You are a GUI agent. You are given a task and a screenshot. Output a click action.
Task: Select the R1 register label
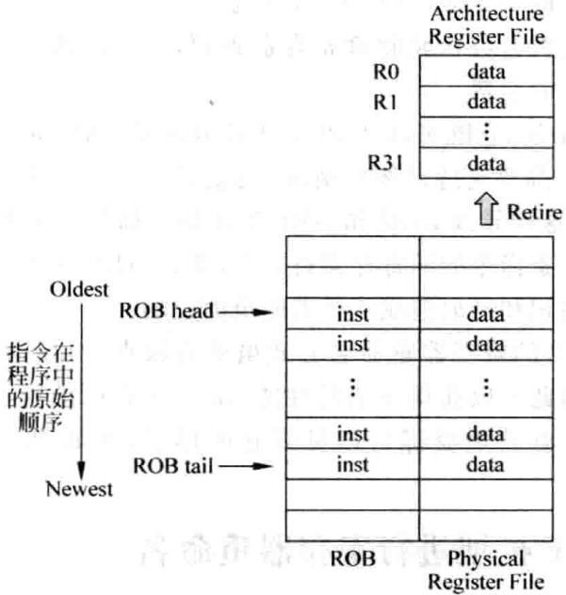pyautogui.click(x=380, y=102)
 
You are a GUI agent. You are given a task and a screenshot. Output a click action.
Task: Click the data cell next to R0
pyautogui.click(x=486, y=71)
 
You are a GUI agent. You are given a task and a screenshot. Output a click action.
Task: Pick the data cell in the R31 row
pyautogui.click(x=486, y=164)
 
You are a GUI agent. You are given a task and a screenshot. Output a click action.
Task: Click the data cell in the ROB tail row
pyautogui.click(x=486, y=465)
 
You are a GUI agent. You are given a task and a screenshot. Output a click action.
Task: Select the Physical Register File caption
pyautogui.click(x=486, y=569)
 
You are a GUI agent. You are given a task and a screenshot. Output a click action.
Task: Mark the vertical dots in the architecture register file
pyautogui.click(x=486, y=132)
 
